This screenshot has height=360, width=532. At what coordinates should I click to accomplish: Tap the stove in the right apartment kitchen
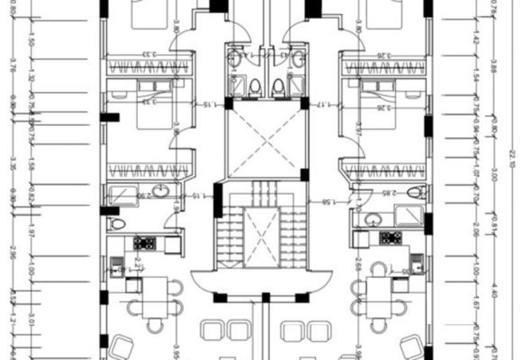389,238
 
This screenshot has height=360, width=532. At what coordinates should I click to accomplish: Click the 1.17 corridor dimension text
323,105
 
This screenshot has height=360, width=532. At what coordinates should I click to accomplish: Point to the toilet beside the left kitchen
118,224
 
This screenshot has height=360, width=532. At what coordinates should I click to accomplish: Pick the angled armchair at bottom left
121,346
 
